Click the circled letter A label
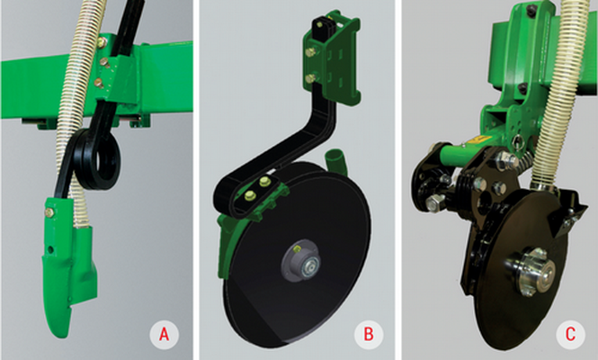pos(164,335)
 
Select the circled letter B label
pos(369,335)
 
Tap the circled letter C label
pos(570,335)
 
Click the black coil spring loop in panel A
pos(98,158)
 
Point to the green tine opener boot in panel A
pos(68,264)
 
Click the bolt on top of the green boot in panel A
pos(49,212)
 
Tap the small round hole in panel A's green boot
pos(50,249)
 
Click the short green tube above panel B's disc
pos(335,159)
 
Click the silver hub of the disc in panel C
pos(531,272)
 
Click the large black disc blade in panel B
pos(299,255)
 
